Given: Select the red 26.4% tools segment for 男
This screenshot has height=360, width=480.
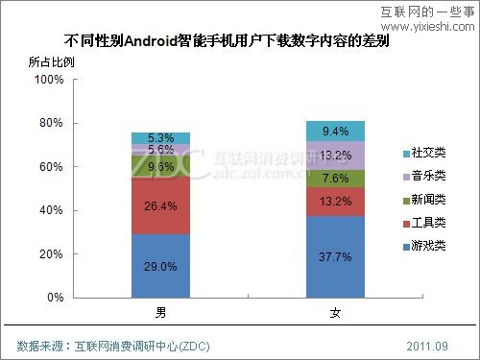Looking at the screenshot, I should [160, 204].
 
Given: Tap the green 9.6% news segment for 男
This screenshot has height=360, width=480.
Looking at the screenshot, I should [160, 165].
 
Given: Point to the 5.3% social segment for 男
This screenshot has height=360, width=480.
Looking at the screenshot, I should [160, 137].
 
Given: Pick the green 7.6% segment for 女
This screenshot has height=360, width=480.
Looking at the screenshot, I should [335, 179].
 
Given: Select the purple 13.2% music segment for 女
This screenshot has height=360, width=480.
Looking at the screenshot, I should [335, 156].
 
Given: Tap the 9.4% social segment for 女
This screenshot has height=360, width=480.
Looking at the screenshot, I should [335, 132].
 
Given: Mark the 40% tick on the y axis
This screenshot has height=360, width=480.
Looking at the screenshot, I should [51, 211].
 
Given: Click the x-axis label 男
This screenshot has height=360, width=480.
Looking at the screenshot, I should [160, 313].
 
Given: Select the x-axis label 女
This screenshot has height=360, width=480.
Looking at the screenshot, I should [335, 313].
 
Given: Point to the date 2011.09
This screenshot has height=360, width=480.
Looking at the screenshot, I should [427, 344].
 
